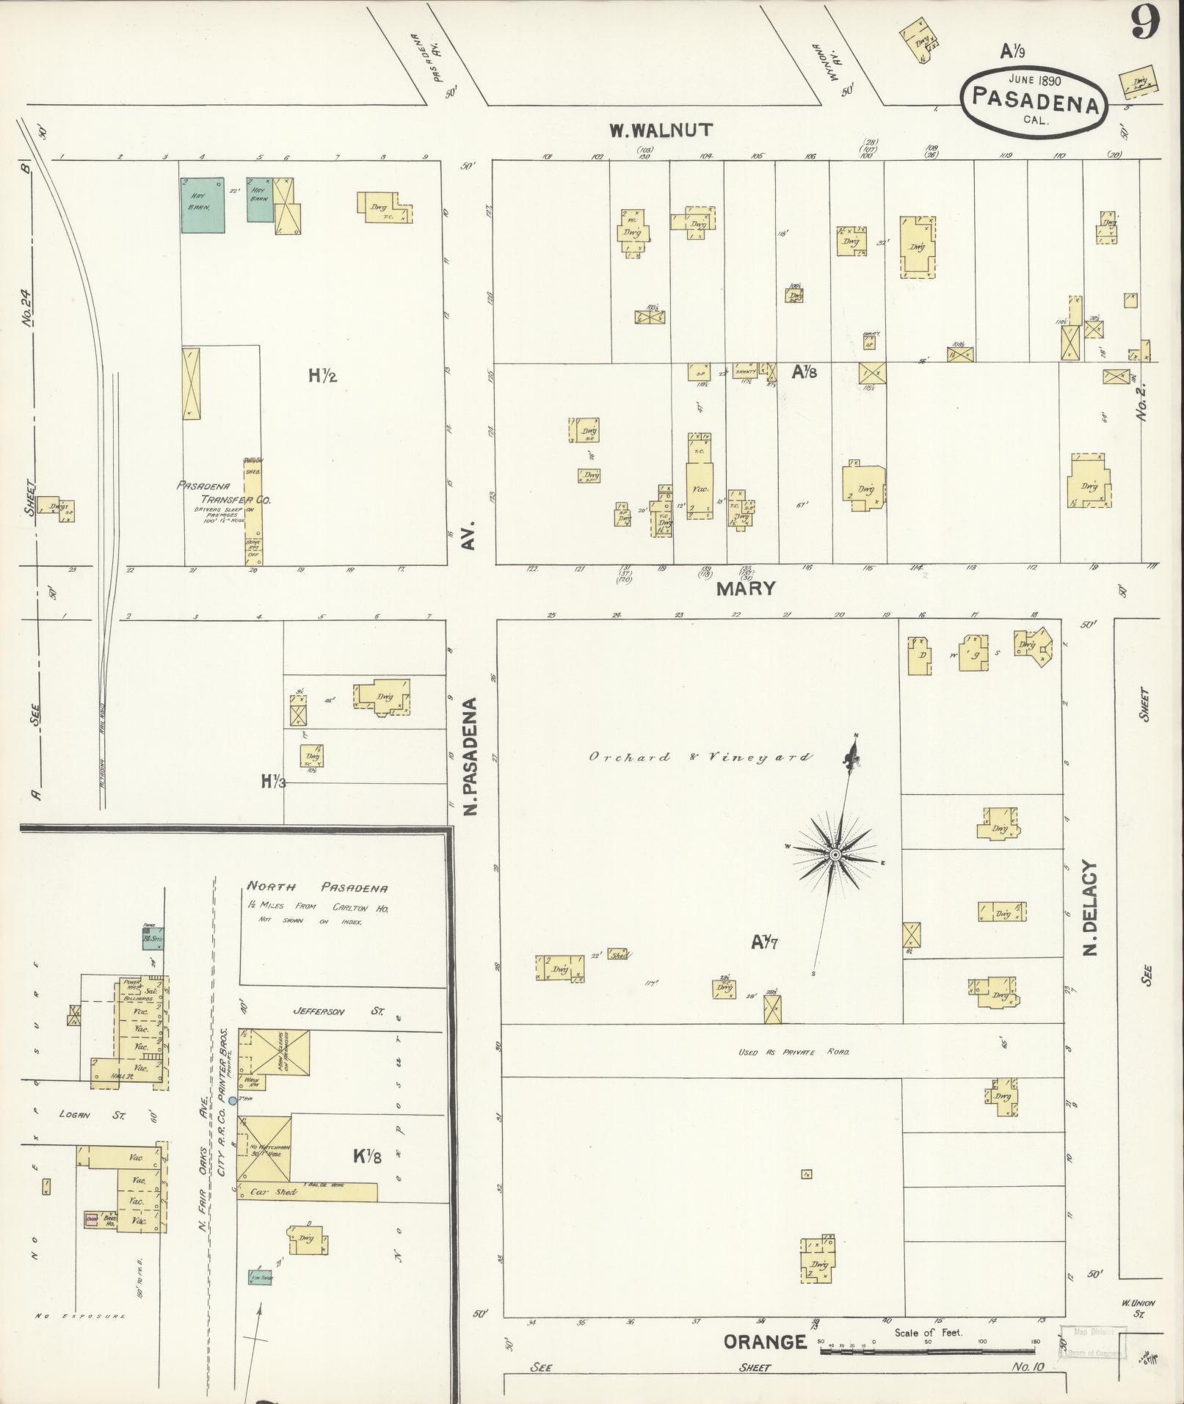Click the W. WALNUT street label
pos(660,131)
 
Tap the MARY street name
pos(746,588)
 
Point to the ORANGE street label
pos(765,1342)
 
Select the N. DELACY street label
pos(1090,908)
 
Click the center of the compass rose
pos(835,855)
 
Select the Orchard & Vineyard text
pos(700,757)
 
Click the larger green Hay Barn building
pos(203,205)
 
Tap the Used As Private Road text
pos(793,1052)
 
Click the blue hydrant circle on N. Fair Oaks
pos(233,1101)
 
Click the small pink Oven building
pos(92,1219)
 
